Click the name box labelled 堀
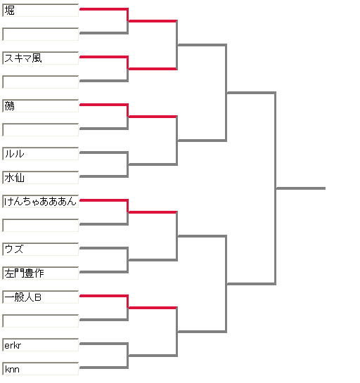41,11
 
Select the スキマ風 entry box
41,58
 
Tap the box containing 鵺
41,106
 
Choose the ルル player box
41,154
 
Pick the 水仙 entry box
41,178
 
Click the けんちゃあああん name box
41,202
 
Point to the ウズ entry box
41,249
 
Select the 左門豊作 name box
41,273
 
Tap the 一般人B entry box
41,297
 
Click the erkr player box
41,345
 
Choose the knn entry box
41,369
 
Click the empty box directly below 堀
41,34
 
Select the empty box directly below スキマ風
41,82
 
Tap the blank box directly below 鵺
41,130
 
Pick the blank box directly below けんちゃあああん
41,226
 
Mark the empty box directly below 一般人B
41,321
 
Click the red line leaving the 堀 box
104,9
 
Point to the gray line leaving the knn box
104,368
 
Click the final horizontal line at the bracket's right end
301,188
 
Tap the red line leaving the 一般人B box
104,296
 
